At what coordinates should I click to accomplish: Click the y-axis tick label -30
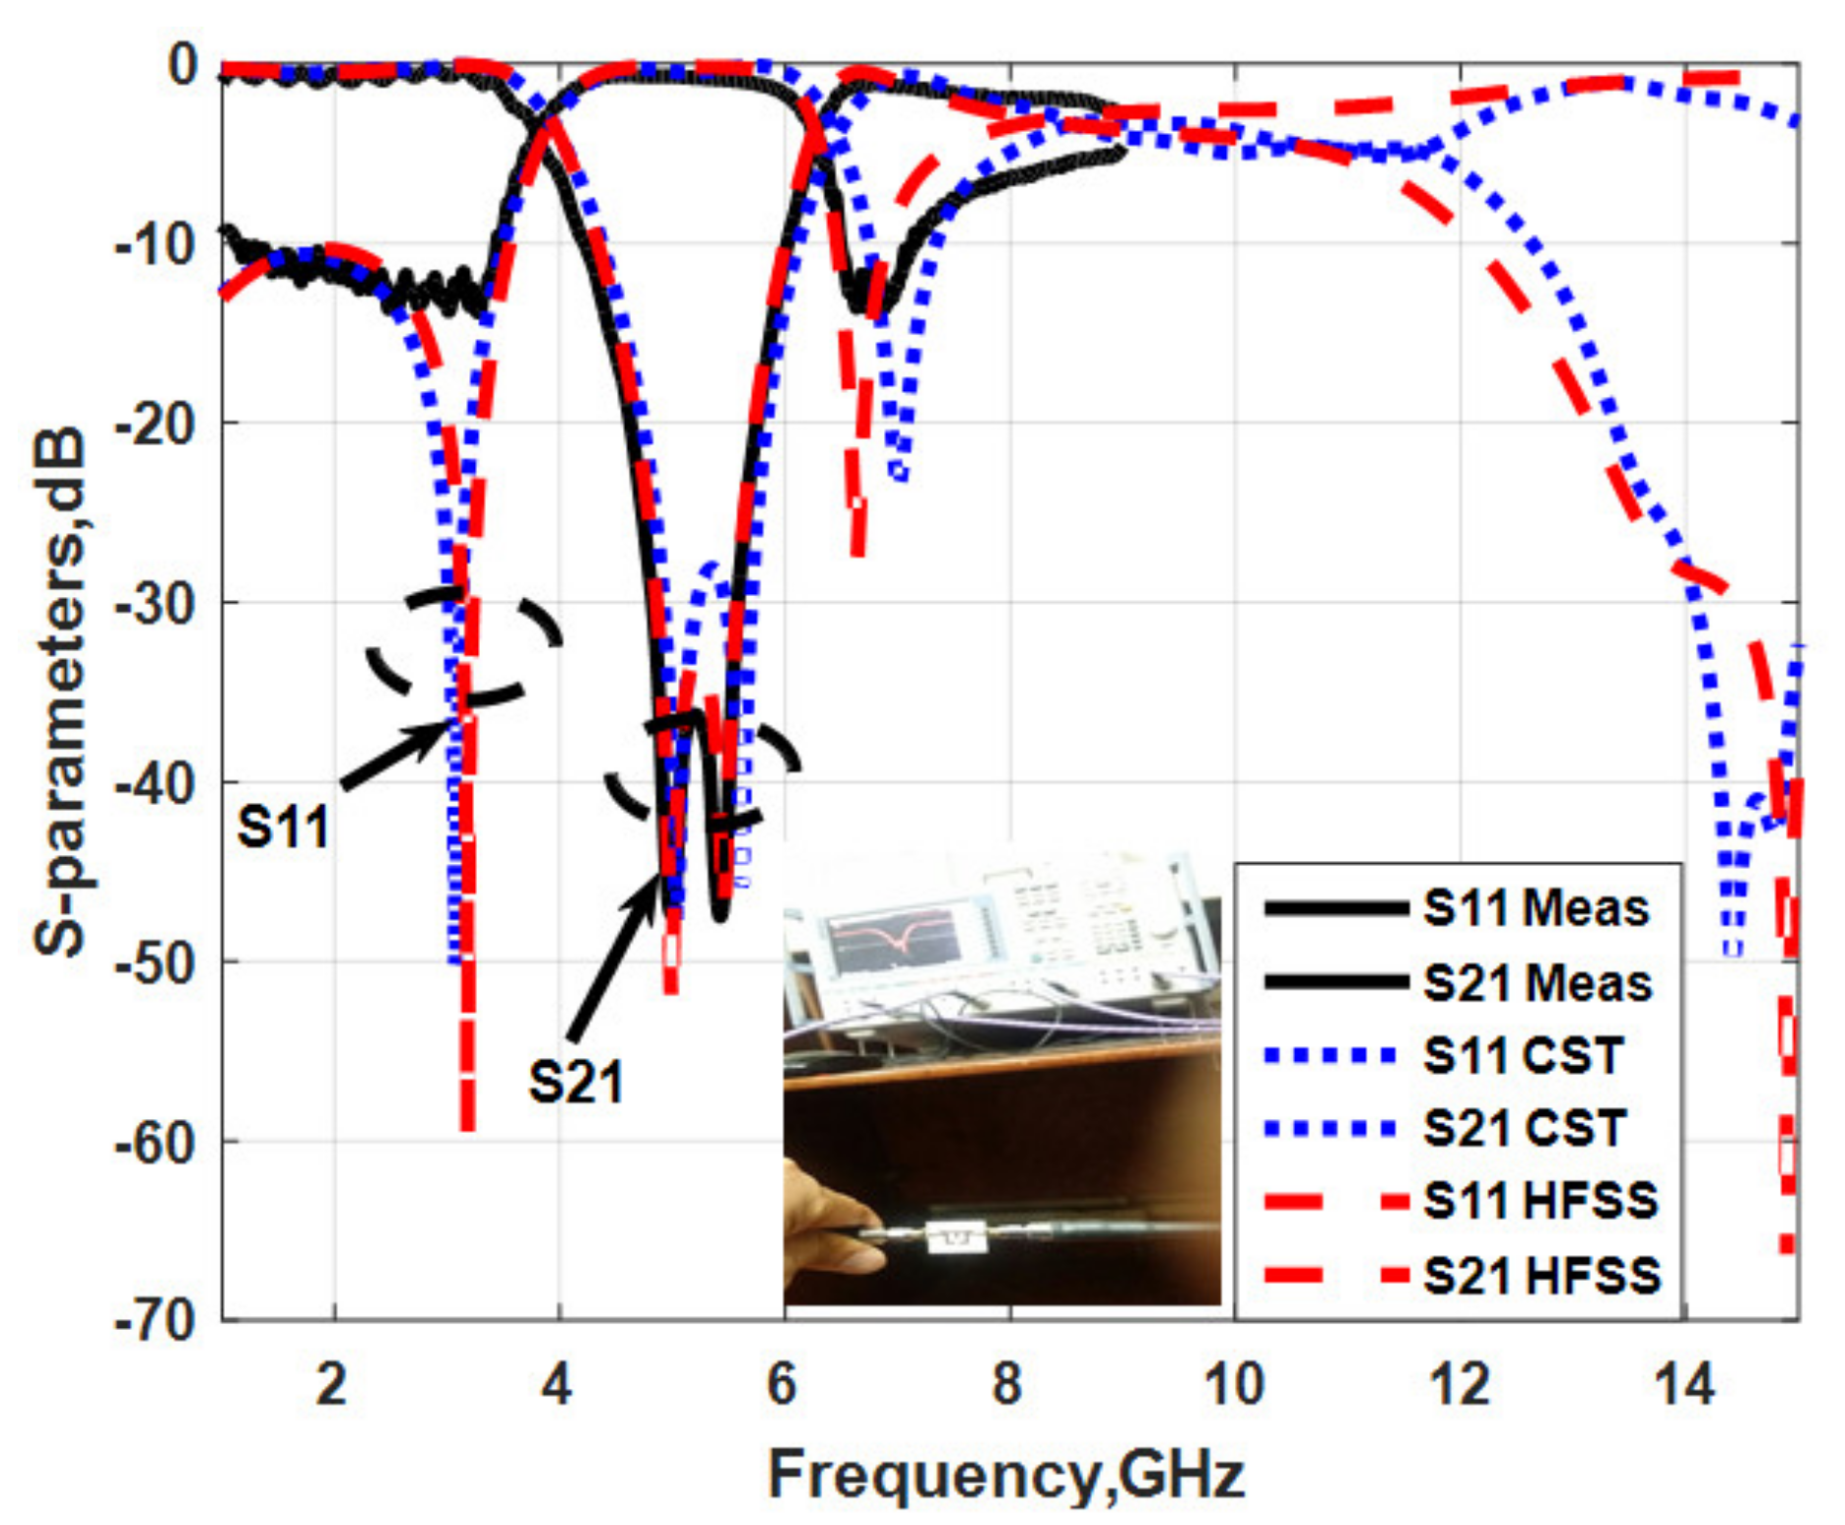(x=154, y=603)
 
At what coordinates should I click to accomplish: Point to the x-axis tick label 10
(x=1234, y=1384)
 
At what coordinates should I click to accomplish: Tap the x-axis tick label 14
(x=1684, y=1384)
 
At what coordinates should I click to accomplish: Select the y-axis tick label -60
(x=154, y=1143)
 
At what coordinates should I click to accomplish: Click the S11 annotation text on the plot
(x=283, y=828)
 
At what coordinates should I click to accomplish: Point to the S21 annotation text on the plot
(x=577, y=1083)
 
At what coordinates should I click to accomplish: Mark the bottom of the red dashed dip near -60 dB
(x=467, y=1123)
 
